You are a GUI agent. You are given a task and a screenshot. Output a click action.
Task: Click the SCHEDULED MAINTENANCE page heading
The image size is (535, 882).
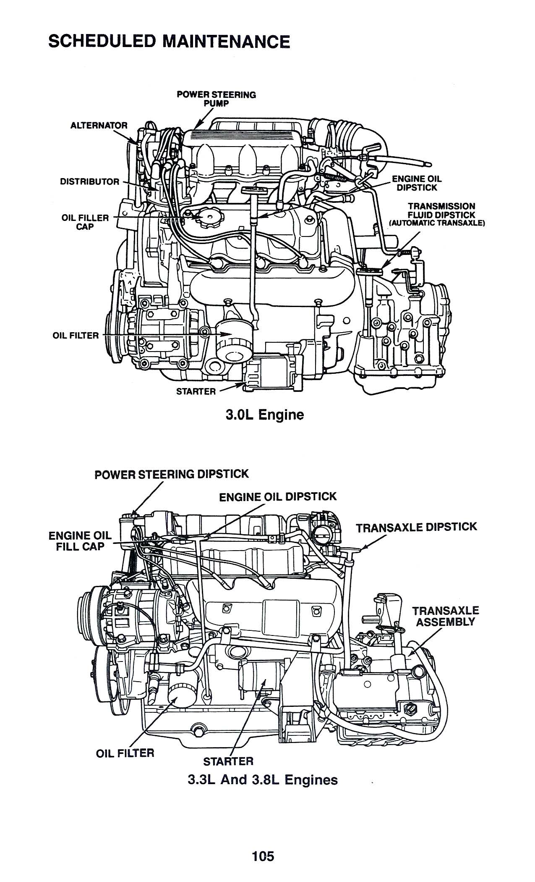coord(169,42)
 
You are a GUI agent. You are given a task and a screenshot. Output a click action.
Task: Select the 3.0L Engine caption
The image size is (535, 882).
coord(264,415)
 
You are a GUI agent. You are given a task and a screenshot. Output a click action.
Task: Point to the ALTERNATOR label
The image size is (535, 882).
coord(99,125)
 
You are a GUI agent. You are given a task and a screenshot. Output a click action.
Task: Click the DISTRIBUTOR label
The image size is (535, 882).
coord(89,181)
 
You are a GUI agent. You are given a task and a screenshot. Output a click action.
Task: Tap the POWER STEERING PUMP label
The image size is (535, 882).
coord(216,99)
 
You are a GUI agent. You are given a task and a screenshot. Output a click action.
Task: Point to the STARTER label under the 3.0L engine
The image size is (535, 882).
coord(196,391)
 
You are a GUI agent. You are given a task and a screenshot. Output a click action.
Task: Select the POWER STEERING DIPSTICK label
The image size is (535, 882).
coord(172,474)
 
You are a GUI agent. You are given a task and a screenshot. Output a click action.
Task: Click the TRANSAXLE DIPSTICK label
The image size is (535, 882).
coord(416,527)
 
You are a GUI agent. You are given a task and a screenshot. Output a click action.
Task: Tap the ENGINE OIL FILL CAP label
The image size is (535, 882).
coord(80,541)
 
